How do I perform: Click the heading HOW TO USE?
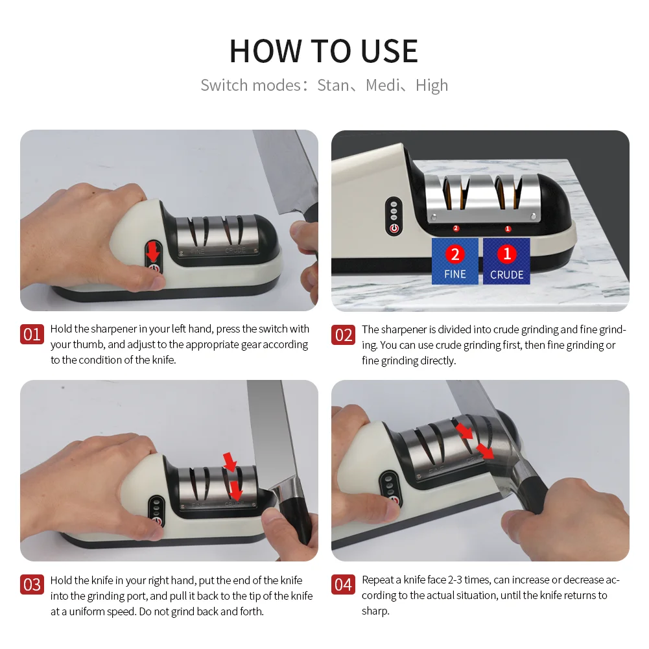324,51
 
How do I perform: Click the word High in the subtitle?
432,86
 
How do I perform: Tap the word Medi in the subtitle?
383,86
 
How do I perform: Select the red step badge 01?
32,335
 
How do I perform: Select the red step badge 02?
343,335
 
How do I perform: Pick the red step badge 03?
32,584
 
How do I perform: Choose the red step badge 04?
343,584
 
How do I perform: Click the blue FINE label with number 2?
455,261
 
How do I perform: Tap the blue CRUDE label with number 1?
506,261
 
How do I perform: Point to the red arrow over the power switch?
153,252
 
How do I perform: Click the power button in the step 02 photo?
394,228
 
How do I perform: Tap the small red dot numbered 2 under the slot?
456,228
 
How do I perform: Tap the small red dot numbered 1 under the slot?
508,228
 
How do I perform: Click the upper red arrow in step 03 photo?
230,462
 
